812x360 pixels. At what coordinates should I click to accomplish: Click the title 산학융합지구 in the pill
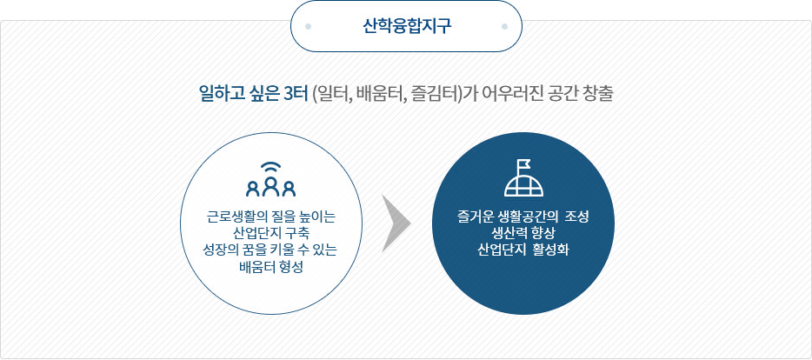coord(407,26)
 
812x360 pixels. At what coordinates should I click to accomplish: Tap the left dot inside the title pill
coord(308,26)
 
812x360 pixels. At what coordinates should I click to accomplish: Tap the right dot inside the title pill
coord(505,26)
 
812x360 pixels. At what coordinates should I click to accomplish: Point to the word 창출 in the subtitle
coord(599,96)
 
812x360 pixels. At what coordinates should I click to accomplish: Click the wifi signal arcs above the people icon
coord(271,168)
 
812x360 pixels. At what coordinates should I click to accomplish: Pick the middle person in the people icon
coord(271,186)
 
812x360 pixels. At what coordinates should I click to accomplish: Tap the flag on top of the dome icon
coord(524,165)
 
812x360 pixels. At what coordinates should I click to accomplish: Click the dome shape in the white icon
coord(524,184)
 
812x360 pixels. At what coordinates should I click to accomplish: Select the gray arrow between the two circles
coord(396,223)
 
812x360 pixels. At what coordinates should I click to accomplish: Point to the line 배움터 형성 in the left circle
coord(271,267)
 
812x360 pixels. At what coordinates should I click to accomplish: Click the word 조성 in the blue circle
coord(577,216)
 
